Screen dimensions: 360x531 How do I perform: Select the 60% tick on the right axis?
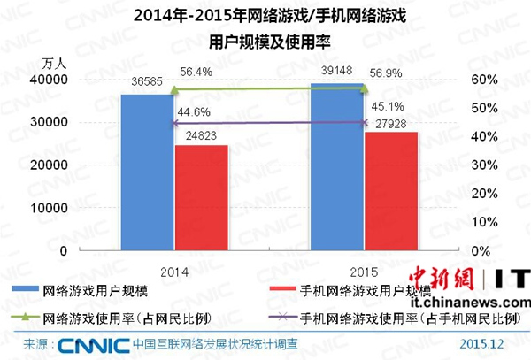coord(481,79)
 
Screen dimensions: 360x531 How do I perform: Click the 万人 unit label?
coord(55,64)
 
